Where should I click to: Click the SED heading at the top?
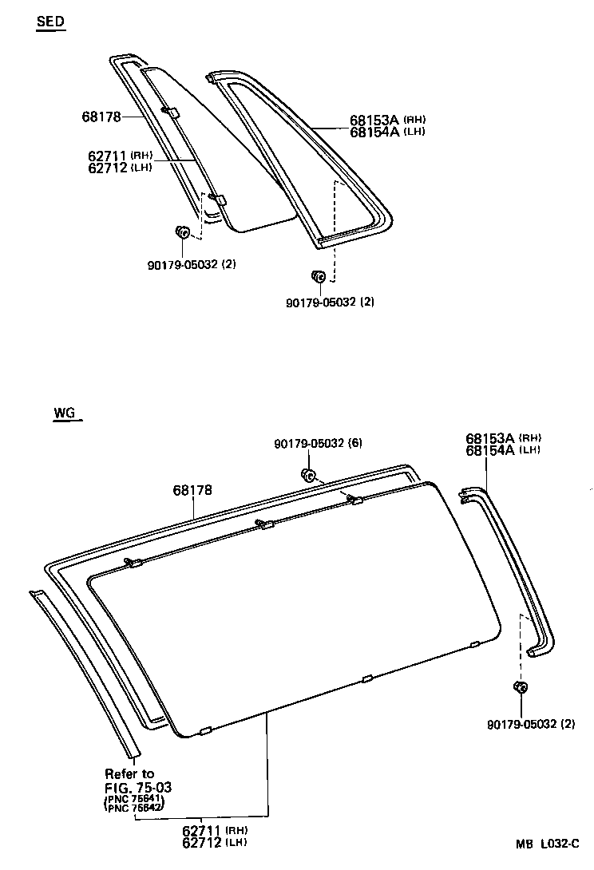(50, 22)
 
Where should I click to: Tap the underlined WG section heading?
(65, 413)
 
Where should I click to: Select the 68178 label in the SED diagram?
(101, 117)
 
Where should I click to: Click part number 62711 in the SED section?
(109, 156)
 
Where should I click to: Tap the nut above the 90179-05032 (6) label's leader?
(307, 476)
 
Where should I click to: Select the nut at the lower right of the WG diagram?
(520, 688)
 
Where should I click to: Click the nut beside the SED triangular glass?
(182, 232)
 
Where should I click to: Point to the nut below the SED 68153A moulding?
(317, 276)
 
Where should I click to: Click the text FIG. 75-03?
(138, 787)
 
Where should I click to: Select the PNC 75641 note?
(133, 799)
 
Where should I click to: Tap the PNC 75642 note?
(133, 808)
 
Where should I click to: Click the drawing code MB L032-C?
(546, 844)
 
